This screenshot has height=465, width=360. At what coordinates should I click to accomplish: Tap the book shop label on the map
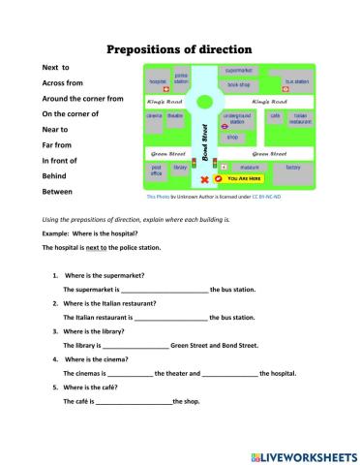[239, 84]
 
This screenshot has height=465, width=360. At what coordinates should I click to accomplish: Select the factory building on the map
[293, 168]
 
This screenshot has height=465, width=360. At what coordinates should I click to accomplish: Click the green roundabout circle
[205, 100]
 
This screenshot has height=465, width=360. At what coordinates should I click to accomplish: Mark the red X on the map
[203, 180]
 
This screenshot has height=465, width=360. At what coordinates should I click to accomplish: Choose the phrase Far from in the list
[59, 144]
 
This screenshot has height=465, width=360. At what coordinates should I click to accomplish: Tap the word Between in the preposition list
[56, 192]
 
